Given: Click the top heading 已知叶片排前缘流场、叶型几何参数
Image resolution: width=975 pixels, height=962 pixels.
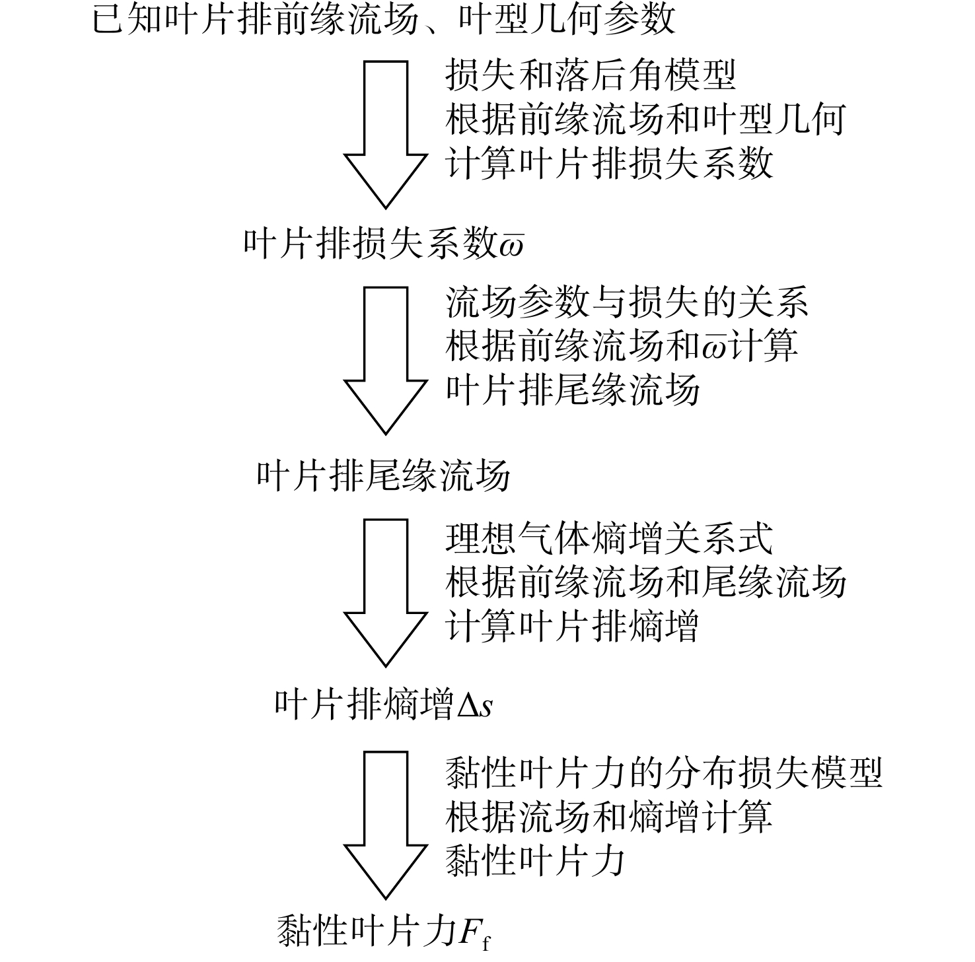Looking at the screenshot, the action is (384, 18).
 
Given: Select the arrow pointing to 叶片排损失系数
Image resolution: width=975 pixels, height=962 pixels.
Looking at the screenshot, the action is (386, 135).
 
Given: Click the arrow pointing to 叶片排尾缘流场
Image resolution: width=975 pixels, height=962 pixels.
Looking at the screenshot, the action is (386, 360).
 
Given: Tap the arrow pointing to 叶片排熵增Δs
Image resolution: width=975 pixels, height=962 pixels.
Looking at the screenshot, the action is (386, 592).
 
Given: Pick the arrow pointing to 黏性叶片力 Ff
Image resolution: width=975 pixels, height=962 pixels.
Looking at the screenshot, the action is (386, 825).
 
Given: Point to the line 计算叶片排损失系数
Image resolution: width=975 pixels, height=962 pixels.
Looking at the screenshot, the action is (609, 162).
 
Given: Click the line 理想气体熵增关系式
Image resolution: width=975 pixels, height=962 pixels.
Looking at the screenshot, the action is (609, 537).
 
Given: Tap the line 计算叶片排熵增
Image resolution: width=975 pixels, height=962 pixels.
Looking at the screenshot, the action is (572, 625).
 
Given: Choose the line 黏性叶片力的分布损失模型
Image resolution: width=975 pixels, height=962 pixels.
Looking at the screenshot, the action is (664, 772).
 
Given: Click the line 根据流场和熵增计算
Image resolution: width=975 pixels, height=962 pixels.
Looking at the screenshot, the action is (609, 816).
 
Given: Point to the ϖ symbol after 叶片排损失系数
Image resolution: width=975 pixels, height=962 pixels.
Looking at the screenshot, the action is (512, 246).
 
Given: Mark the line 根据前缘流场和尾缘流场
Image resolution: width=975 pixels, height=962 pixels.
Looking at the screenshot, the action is (645, 581).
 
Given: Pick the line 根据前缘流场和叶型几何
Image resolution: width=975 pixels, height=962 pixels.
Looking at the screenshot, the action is (645, 118).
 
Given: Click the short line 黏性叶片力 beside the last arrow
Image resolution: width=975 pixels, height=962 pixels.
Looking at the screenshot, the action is (536, 860).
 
